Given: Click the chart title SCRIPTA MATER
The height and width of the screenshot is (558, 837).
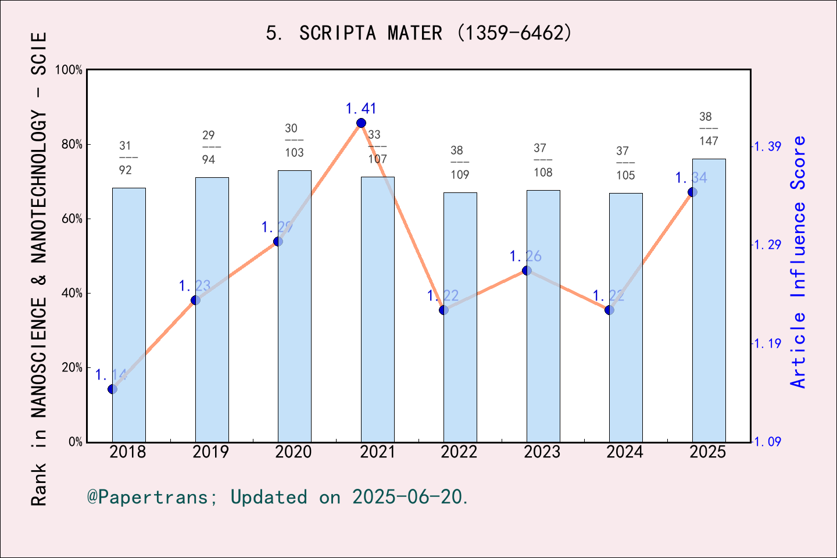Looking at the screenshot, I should (x=419, y=33).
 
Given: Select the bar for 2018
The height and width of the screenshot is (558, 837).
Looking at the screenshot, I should (x=128, y=314).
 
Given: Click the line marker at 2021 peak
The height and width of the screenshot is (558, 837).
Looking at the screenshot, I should (x=361, y=123).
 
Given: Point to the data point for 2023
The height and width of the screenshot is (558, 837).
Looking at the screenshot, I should (x=527, y=270).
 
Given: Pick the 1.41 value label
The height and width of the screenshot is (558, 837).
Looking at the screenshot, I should (x=361, y=109).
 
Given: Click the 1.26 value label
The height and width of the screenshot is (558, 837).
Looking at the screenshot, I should (x=525, y=256).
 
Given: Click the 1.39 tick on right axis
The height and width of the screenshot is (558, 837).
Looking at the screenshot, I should (x=767, y=146).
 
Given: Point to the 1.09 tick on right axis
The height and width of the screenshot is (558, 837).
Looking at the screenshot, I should (x=767, y=442).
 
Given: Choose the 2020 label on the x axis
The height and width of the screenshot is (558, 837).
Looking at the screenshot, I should (x=294, y=452).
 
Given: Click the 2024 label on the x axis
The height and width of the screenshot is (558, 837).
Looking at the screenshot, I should (x=625, y=452).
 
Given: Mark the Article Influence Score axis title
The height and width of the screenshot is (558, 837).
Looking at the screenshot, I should (x=799, y=262).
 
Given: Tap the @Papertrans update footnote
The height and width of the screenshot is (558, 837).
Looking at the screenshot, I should (x=278, y=497).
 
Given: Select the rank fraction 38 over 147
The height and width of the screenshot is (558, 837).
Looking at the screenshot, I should (x=708, y=129).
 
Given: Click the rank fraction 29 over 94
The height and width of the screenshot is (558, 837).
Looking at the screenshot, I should (x=209, y=147).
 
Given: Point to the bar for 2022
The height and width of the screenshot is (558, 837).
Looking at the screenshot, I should (x=460, y=317).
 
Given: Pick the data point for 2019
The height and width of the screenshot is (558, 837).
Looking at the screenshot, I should (x=195, y=300).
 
